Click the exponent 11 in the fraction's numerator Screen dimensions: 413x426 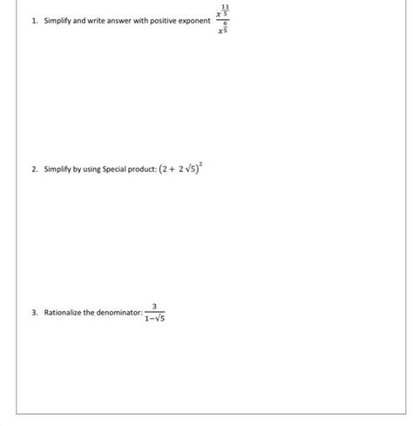pos(226,9)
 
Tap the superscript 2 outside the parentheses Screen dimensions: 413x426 pos(209,164)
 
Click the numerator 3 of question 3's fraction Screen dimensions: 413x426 pos(153,305)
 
